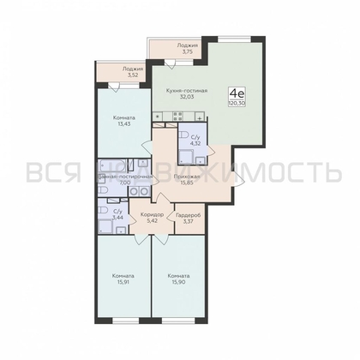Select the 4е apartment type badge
(x=233, y=92)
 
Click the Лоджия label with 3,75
(x=187, y=45)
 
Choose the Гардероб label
(x=188, y=214)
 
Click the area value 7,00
(x=125, y=183)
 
